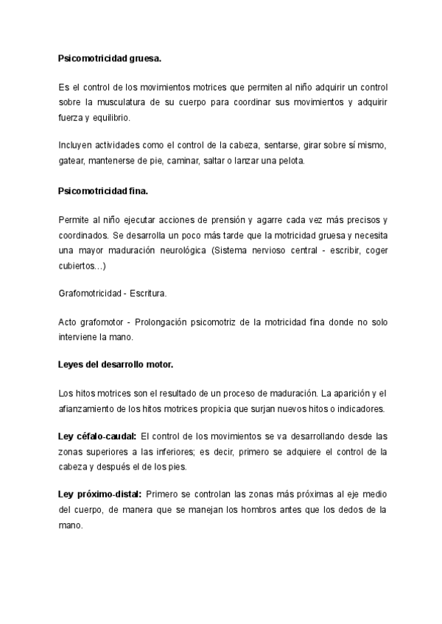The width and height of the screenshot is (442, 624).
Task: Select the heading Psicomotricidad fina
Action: pyautogui.click(x=103, y=191)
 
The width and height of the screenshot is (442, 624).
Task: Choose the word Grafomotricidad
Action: pyautogui.click(x=90, y=294)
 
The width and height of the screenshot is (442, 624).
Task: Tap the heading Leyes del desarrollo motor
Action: pyautogui.click(x=116, y=364)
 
